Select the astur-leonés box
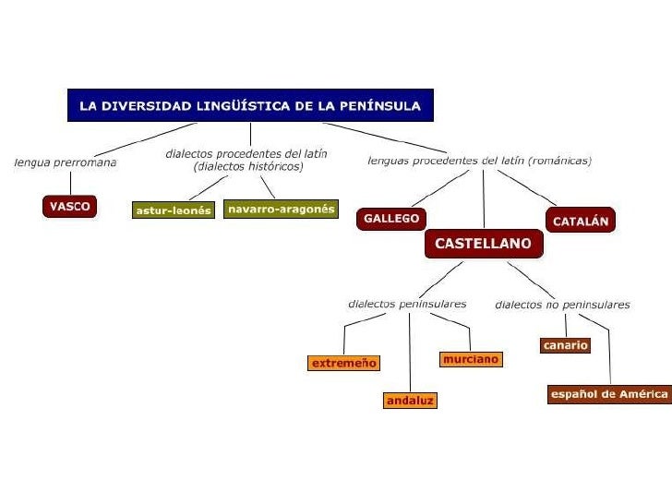[x=174, y=210]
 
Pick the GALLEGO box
[x=391, y=219]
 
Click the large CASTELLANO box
[x=483, y=245]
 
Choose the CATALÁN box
[x=581, y=222]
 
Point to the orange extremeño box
[x=344, y=364]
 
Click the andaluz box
[x=410, y=401]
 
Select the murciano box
[x=471, y=359]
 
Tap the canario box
[x=564, y=345]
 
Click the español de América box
[x=608, y=394]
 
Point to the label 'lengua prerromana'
[x=66, y=162]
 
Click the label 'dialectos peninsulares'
[x=407, y=304]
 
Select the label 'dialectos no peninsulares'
[x=562, y=304]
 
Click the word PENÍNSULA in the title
[x=382, y=106]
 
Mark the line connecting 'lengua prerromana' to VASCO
[x=70, y=183]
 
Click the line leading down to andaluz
[x=409, y=351]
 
